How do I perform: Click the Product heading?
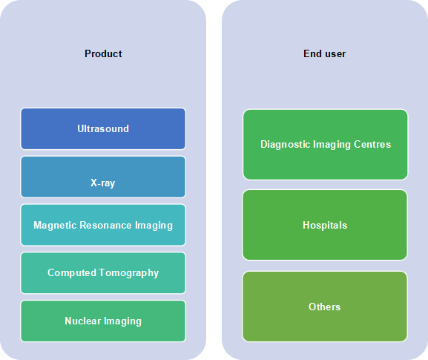(103, 53)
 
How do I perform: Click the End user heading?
(325, 53)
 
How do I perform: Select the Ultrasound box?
(103, 128)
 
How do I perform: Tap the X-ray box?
(103, 177)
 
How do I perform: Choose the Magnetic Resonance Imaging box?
(103, 225)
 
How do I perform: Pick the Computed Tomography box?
(103, 273)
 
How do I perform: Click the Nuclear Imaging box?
(103, 321)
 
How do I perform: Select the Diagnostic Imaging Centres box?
(326, 145)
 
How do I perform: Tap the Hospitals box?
(325, 225)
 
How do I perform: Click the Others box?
(325, 307)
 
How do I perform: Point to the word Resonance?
(105, 225)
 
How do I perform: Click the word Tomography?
(129, 273)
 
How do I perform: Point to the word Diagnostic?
(286, 144)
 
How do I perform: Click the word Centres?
(372, 144)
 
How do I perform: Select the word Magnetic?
(55, 226)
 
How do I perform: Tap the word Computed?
(72, 273)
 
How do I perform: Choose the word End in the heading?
(312, 53)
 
